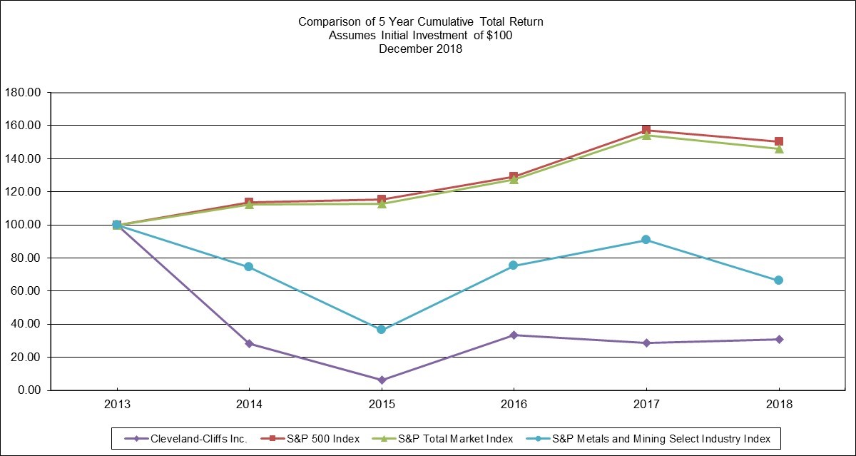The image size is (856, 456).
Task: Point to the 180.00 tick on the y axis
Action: pyautogui.click(x=22, y=92)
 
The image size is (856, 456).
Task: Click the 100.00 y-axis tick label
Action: pyautogui.click(x=22, y=225)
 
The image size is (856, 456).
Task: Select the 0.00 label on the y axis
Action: pyautogui.click(x=28, y=390)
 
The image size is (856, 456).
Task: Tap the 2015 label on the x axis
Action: pyautogui.click(x=381, y=404)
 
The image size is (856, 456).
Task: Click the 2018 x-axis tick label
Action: pyautogui.click(x=778, y=404)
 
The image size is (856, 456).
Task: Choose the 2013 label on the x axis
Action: pyautogui.click(x=116, y=404)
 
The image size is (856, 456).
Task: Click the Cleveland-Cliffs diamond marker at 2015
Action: pyautogui.click(x=381, y=380)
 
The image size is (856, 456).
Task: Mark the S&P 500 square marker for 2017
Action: pyautogui.click(x=646, y=130)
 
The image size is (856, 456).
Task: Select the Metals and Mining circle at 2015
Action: pyautogui.click(x=381, y=330)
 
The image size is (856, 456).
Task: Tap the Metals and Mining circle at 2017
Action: pyautogui.click(x=646, y=240)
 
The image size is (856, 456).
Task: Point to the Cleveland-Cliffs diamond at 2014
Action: pyautogui.click(x=249, y=343)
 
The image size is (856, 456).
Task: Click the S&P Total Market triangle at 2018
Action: pyautogui.click(x=779, y=148)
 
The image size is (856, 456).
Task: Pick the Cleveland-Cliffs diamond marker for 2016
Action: pyautogui.click(x=514, y=335)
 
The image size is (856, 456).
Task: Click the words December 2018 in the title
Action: pyautogui.click(x=420, y=49)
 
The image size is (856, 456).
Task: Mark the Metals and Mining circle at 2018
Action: pyautogui.click(x=779, y=280)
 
